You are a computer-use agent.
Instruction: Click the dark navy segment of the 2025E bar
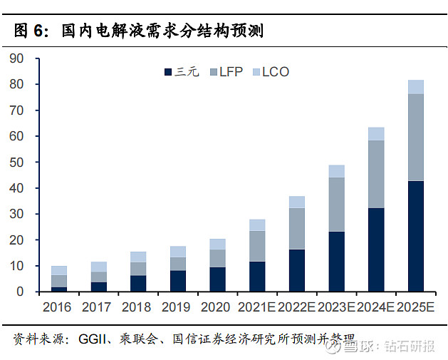click(x=416, y=236)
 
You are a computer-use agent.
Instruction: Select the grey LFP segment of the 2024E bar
click(x=376, y=175)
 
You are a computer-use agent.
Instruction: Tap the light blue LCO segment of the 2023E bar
click(x=336, y=171)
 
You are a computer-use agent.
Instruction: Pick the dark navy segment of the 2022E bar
click(x=296, y=270)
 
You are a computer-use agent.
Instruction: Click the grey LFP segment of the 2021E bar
click(x=257, y=246)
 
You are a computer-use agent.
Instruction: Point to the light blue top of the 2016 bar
click(x=59, y=270)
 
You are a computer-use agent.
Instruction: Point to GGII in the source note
click(x=93, y=339)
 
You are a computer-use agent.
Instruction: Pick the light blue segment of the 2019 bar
click(x=177, y=252)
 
